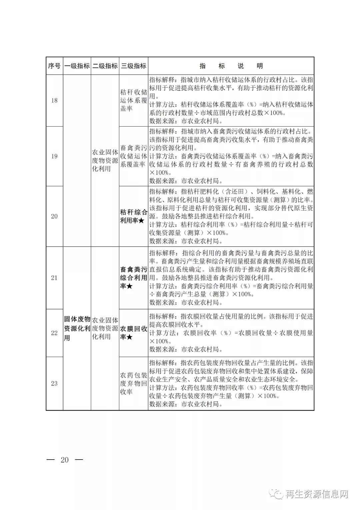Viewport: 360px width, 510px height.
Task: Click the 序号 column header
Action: click(54, 66)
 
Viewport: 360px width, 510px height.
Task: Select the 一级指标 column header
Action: click(77, 66)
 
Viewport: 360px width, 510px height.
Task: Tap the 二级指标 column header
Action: click(105, 66)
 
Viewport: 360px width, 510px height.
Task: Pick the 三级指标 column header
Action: click(134, 66)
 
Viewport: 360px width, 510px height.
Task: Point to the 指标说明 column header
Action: click(231, 66)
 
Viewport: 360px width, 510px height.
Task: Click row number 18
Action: click(54, 101)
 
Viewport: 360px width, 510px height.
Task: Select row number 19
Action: click(54, 156)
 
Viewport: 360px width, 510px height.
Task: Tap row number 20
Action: click(54, 216)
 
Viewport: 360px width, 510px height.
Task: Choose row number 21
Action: click(54, 278)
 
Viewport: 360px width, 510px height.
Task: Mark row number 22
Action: click(54, 333)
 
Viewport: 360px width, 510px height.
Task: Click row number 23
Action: click(54, 383)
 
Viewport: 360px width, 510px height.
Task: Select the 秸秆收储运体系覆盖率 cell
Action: click(134, 101)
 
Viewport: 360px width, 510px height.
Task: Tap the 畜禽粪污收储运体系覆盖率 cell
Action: click(134, 156)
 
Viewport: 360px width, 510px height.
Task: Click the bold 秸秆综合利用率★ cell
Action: click(134, 216)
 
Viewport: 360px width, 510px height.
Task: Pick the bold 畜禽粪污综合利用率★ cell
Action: click(134, 278)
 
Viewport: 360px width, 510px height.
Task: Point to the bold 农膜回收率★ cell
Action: click(134, 333)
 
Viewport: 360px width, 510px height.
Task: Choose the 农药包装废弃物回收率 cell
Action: click(134, 383)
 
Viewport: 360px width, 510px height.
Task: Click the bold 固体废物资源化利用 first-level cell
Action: click(77, 328)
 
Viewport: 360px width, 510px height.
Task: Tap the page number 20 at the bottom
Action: click(65, 460)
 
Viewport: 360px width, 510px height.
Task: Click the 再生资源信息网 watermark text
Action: click(317, 494)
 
